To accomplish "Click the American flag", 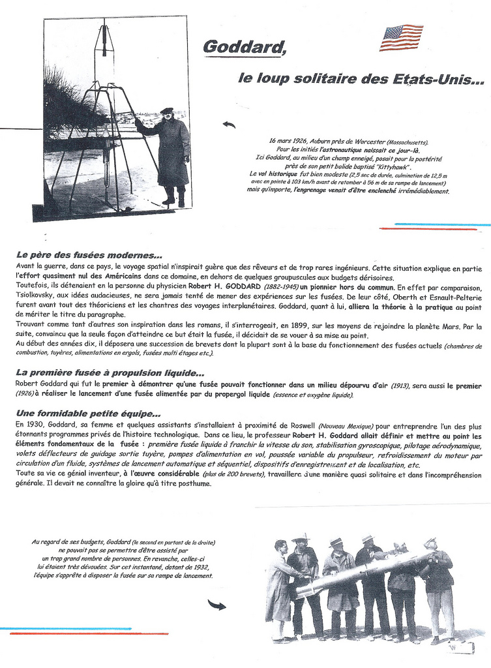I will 401,37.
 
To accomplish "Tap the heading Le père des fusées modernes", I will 89,254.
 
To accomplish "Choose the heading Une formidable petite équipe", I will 88,414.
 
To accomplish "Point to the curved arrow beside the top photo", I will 229,125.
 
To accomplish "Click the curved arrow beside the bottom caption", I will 216,605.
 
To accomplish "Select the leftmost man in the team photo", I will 279,587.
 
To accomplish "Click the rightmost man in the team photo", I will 438,587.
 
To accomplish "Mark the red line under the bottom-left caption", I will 89,633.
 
